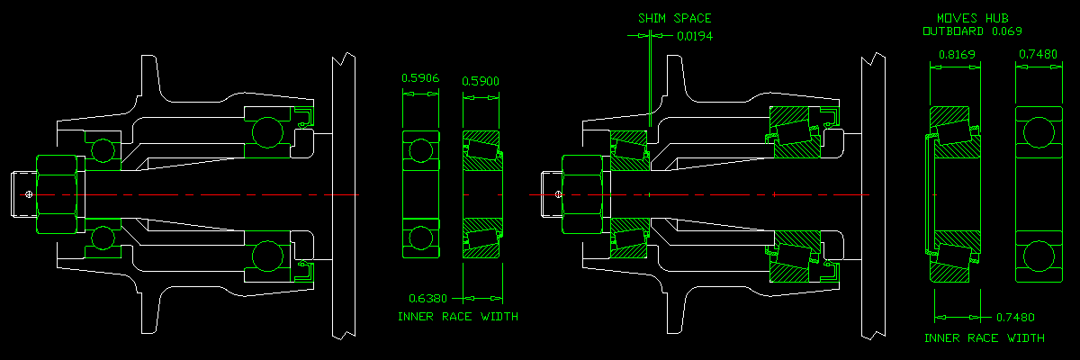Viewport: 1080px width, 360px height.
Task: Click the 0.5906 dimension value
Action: [x=420, y=78]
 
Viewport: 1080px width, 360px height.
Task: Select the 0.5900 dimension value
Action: [x=481, y=82]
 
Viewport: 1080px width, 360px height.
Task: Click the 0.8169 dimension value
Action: [x=957, y=55]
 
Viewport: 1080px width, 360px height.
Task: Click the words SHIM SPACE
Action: [x=674, y=17]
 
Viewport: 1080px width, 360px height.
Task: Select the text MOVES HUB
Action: [x=972, y=18]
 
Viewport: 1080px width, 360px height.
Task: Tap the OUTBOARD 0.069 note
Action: [x=972, y=31]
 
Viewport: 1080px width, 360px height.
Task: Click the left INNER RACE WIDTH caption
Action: [x=458, y=317]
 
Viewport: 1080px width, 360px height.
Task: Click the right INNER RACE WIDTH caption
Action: [x=985, y=338]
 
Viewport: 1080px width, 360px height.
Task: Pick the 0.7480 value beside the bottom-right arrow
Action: [x=1016, y=318]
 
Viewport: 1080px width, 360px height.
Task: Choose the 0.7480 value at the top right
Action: [x=1038, y=55]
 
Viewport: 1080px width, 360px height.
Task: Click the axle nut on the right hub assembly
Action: [x=583, y=194]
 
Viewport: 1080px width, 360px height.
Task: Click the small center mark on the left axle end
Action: [x=30, y=194]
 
